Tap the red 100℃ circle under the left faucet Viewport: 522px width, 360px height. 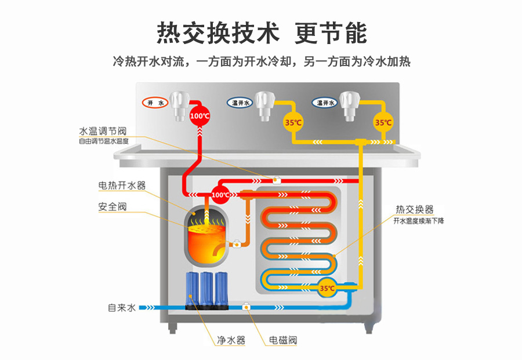(x=200, y=115)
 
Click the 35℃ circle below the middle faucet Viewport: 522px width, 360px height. (x=293, y=122)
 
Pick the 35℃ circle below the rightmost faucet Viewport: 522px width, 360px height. (x=382, y=122)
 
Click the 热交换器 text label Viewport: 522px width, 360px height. (x=414, y=209)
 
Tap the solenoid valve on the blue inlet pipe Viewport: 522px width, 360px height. (x=247, y=307)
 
